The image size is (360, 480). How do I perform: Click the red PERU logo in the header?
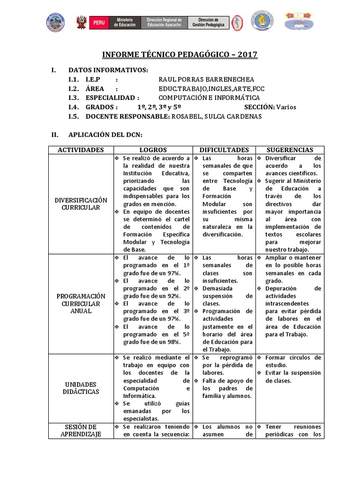pos(99,22)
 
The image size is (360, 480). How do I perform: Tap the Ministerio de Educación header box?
pos(125,22)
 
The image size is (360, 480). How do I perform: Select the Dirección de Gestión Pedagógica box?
pos(209,22)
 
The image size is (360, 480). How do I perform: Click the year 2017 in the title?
pos(247,55)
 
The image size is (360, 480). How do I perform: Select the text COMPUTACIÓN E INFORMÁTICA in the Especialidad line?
pos(209,98)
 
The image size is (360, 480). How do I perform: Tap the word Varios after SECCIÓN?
pos(286,107)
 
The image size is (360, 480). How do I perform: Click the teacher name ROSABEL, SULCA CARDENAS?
pos(217,116)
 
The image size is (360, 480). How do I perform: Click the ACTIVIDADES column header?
pos(81,150)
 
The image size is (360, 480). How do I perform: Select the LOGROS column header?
pos(152,150)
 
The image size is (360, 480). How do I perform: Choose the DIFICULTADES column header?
pos(224,150)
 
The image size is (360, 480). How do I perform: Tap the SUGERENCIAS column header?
pos(290,150)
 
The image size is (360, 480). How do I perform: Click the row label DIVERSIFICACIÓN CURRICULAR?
pos(81,204)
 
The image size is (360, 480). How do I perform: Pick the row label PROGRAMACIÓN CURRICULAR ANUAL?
pos(81,303)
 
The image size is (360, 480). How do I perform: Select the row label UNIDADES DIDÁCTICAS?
pos(81,388)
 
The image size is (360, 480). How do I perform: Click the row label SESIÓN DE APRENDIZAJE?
pos(81,430)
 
